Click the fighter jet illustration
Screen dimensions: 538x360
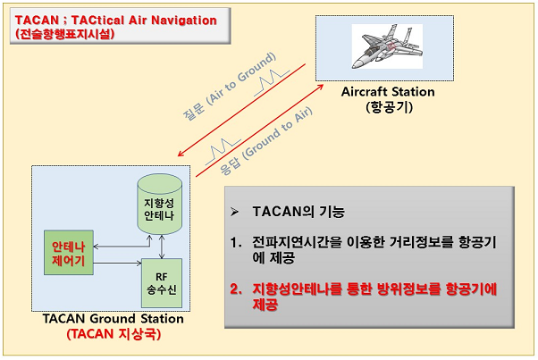(387, 46)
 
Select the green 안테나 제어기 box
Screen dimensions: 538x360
(69, 253)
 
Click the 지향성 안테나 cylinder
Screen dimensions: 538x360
(160, 205)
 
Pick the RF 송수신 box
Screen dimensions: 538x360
(162, 283)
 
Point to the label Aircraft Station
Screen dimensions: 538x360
(388, 92)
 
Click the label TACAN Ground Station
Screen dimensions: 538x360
(113, 319)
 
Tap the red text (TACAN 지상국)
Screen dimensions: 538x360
(113, 333)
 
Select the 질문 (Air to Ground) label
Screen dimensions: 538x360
(229, 87)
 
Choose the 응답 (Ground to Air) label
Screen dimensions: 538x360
(266, 141)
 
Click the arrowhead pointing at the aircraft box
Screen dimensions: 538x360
(320, 87)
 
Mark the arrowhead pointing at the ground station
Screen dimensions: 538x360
(181, 154)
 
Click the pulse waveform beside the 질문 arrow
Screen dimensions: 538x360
(272, 82)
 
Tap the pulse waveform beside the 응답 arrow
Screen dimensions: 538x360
(223, 152)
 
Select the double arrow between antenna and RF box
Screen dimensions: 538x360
(162, 247)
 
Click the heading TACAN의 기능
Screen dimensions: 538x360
(298, 212)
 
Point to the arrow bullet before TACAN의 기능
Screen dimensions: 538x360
(235, 212)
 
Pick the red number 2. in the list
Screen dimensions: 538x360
(236, 289)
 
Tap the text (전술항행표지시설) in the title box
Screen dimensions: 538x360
(65, 34)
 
